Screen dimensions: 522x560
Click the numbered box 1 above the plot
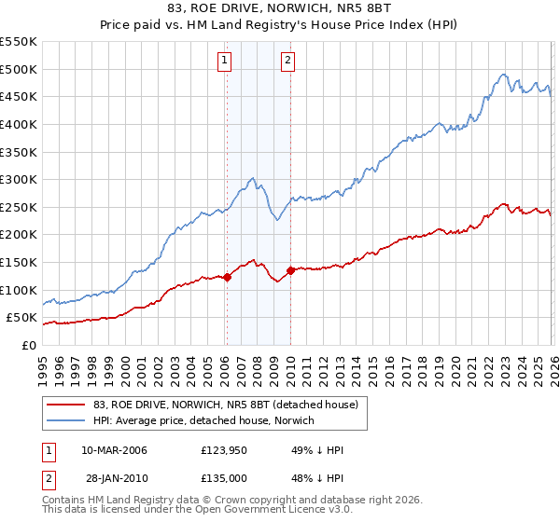[x=226, y=61]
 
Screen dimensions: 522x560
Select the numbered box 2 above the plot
[x=287, y=61]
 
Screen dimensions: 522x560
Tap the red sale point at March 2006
[x=227, y=277]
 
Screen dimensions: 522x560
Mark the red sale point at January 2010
[x=290, y=270]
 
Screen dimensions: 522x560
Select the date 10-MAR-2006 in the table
[x=114, y=450]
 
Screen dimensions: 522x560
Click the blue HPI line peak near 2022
[x=503, y=75]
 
